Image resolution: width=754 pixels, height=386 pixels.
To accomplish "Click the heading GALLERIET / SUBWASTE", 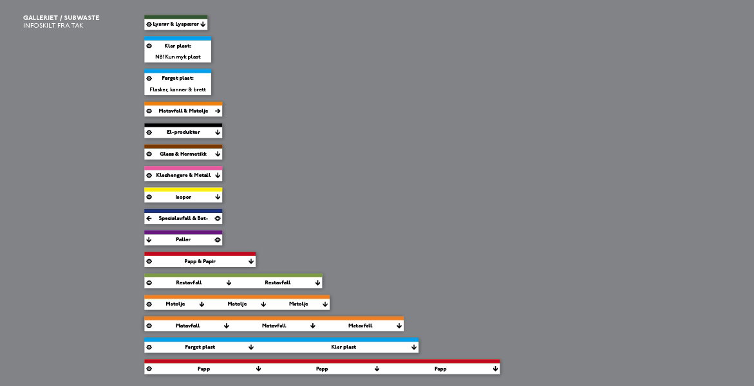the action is (x=61, y=18).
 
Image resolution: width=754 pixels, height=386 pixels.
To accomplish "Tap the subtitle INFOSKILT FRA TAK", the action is (x=53, y=26).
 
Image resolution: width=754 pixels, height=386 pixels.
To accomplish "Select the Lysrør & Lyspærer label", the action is (x=176, y=24).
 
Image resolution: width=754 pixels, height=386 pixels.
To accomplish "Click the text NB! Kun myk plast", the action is (x=178, y=57).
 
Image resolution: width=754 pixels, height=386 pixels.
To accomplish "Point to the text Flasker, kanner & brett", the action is (x=178, y=89).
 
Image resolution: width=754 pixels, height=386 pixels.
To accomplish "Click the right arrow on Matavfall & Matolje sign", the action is (x=218, y=111).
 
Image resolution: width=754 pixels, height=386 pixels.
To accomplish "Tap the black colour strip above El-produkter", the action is (x=184, y=125).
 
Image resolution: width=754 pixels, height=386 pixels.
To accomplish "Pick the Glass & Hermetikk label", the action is (x=184, y=154).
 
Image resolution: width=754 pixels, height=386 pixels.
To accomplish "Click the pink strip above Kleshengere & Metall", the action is (x=184, y=168).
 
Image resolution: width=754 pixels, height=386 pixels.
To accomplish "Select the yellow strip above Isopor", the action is (x=184, y=189).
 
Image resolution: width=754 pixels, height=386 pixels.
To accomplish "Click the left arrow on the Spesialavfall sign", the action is (x=149, y=218).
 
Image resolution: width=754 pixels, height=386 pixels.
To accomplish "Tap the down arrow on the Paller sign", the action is (x=149, y=239).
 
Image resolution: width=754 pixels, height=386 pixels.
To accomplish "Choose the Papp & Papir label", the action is (x=200, y=261).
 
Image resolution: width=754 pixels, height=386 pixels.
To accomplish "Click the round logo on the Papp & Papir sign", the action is (x=149, y=261).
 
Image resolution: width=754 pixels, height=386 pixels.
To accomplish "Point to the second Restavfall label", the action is (x=278, y=282).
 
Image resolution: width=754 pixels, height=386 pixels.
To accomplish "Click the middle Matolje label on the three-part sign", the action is (x=237, y=304).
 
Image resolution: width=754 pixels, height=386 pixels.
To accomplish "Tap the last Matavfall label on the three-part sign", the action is (x=360, y=326).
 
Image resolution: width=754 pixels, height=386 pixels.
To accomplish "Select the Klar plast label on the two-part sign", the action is (x=343, y=347).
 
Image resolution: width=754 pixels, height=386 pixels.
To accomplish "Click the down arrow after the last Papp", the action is (x=495, y=369).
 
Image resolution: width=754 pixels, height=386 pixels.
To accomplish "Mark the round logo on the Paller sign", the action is (x=218, y=239).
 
